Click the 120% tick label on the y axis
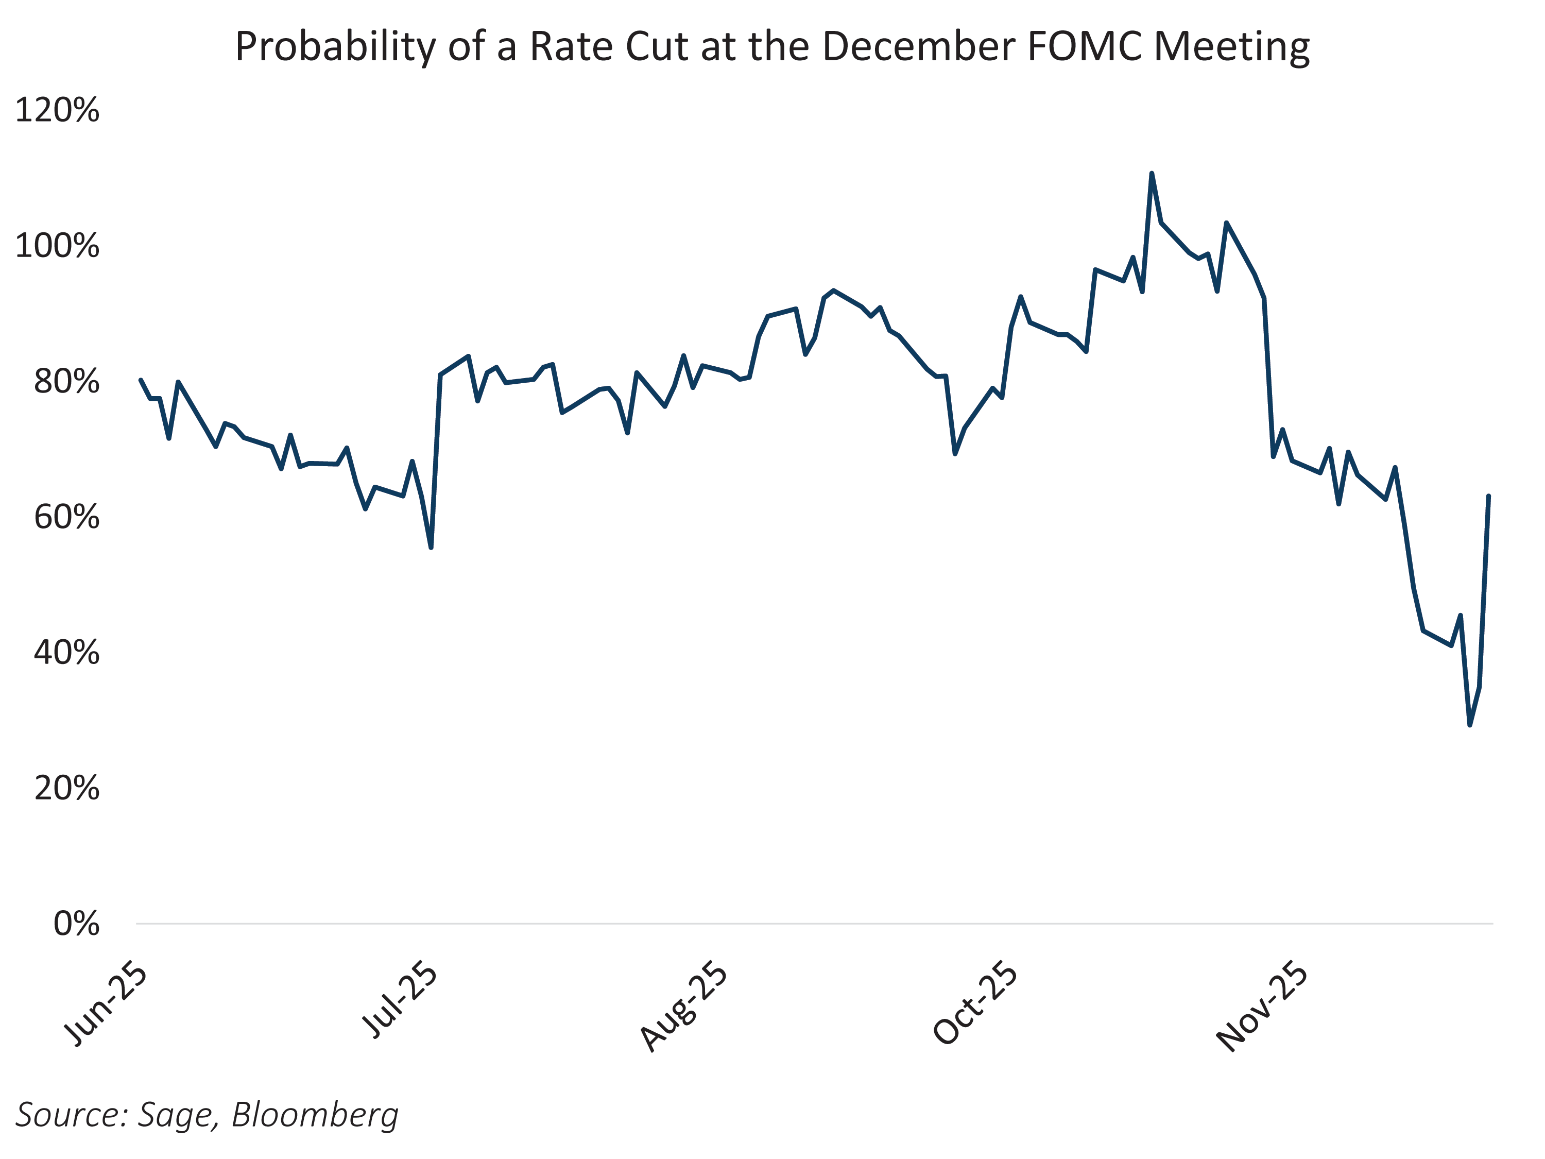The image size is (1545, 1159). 57,110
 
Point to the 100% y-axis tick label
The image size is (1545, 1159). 57,247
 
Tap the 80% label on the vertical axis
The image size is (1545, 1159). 66,382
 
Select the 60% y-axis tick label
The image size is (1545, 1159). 66,518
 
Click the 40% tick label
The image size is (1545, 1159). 66,653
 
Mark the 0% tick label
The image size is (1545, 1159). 76,924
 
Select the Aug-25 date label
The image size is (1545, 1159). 685,1007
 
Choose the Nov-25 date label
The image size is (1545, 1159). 1263,1007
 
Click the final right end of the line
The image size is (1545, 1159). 1488,497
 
